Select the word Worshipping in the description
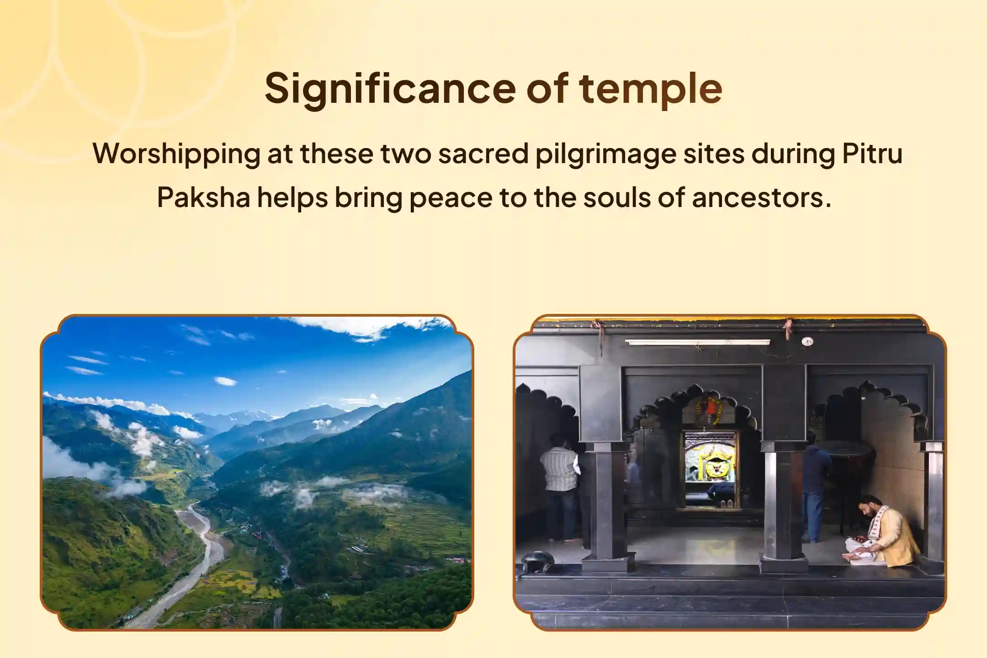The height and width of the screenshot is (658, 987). (x=176, y=154)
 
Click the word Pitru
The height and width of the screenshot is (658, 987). (x=872, y=154)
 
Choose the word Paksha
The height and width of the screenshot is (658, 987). (x=203, y=198)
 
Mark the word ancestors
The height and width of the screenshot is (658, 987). (x=761, y=198)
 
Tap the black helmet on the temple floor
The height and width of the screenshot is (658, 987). (x=538, y=561)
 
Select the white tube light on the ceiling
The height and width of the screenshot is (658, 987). (x=697, y=342)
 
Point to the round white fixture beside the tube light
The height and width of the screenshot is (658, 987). (x=808, y=341)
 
